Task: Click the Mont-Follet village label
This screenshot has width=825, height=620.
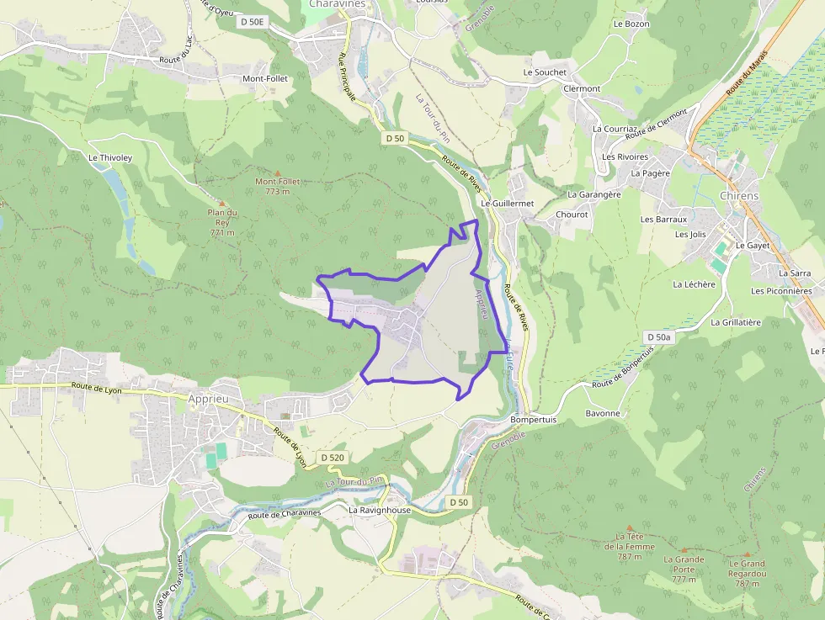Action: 264,78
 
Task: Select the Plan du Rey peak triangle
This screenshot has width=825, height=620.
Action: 222,203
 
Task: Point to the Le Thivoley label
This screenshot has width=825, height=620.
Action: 110,157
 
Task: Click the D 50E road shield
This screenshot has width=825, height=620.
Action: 253,23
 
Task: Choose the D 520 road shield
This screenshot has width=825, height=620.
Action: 333,457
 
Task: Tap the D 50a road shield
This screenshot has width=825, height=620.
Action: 658,336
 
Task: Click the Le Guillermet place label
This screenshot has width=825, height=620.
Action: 508,204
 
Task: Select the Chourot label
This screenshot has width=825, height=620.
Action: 572,215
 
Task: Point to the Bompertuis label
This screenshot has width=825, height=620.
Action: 533,419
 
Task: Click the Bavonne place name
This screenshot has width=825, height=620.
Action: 602,413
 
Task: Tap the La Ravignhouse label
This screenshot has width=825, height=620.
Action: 380,510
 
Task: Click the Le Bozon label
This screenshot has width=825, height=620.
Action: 631,24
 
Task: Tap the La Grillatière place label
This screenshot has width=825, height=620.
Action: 736,322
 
